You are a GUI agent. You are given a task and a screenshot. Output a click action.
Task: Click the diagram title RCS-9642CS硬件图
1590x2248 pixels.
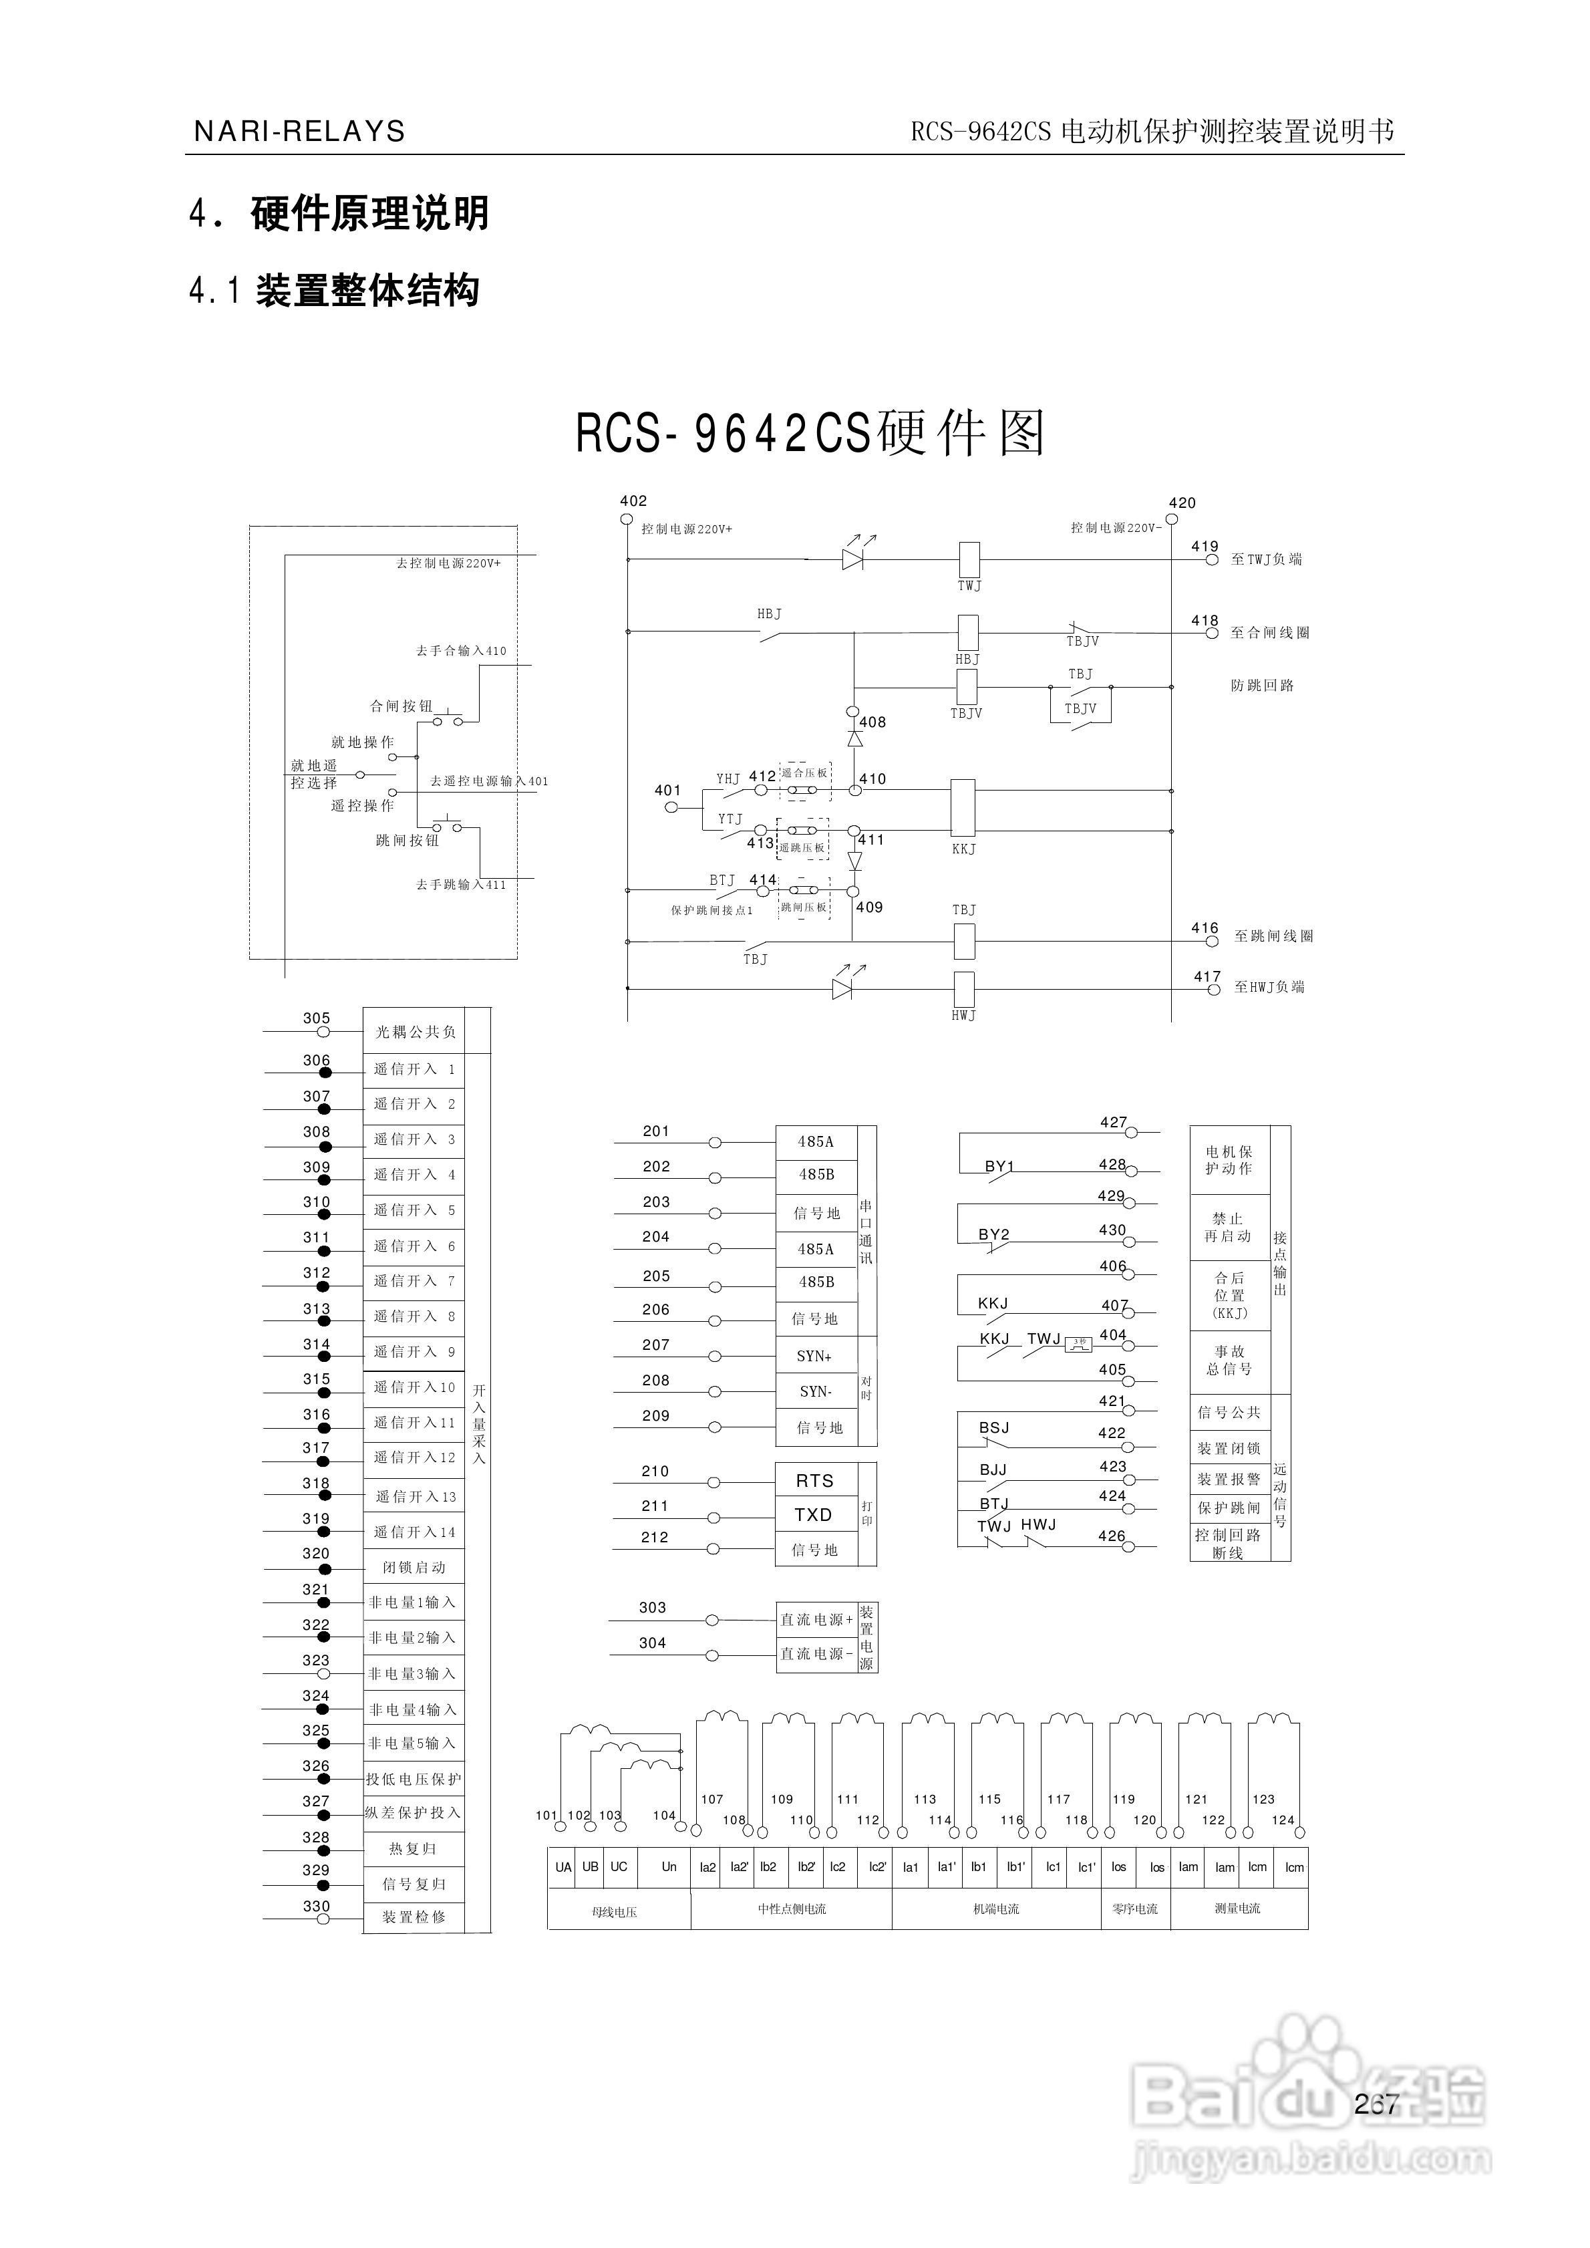click(810, 433)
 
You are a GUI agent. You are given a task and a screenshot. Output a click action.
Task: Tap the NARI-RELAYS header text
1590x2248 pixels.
click(299, 131)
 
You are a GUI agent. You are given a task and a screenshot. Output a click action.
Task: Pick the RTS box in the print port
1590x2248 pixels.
click(814, 1480)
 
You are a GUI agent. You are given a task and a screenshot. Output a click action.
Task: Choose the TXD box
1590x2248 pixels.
click(814, 1515)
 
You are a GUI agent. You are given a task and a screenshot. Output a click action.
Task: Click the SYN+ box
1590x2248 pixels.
click(814, 1356)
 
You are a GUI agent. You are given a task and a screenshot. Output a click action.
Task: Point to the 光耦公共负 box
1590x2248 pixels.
click(415, 1032)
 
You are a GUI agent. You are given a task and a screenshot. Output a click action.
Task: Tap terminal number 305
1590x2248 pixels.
click(316, 1018)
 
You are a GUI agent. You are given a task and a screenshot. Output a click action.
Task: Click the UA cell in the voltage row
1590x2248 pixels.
click(563, 1867)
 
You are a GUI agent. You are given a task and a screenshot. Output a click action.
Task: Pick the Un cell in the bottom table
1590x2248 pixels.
click(669, 1867)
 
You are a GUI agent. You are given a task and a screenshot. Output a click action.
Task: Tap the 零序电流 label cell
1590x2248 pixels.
click(1135, 1909)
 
